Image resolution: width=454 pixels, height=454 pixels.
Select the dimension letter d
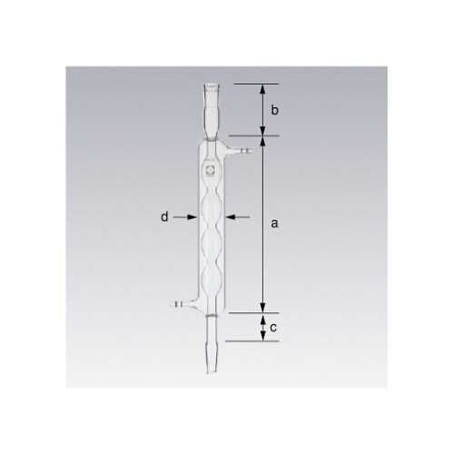(x=164, y=217)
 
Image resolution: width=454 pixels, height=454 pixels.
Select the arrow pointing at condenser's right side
(x=236, y=217)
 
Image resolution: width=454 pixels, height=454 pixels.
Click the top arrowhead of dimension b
(x=262, y=88)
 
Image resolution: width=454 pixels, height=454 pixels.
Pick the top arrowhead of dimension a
(x=262, y=143)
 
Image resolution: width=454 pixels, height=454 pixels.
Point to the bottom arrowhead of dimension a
(x=262, y=307)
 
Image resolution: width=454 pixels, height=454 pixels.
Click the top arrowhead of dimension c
(x=262, y=318)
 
